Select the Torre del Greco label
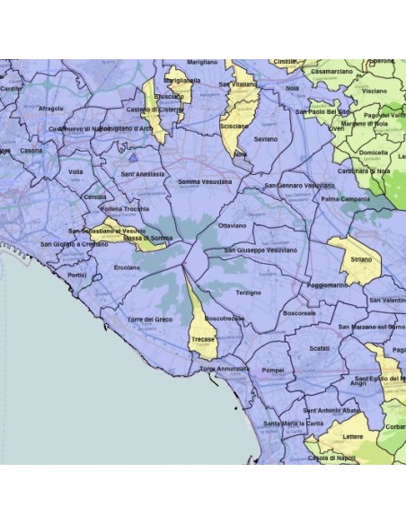[149, 320]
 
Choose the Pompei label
[271, 368]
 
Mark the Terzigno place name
[248, 293]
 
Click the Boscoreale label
[298, 313]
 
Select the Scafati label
[320, 348]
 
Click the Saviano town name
[266, 140]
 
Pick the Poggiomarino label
[328, 284]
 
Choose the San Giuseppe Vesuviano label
[266, 249]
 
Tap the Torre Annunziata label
[225, 368]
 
